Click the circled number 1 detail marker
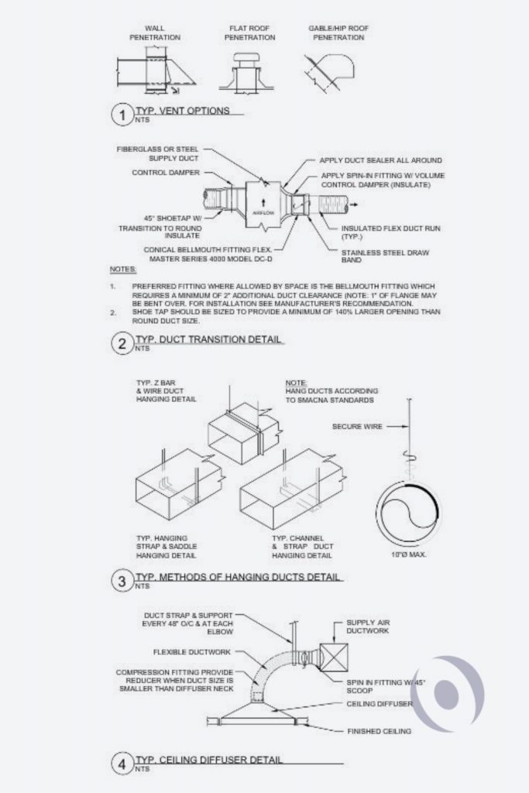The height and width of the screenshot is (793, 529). tap(122, 115)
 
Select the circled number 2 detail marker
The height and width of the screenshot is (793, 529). tap(122, 345)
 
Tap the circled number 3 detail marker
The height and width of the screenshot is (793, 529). tap(122, 582)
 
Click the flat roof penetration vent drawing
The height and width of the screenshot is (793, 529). tap(249, 74)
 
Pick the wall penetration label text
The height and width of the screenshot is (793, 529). tap(155, 33)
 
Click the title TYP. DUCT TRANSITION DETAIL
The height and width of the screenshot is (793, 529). tap(209, 340)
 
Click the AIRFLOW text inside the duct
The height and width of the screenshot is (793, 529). tap(262, 211)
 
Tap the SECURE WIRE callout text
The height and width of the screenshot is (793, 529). tap(357, 426)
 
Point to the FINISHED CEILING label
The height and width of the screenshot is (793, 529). tap(380, 731)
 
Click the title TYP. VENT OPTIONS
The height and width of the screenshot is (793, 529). tap(183, 111)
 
